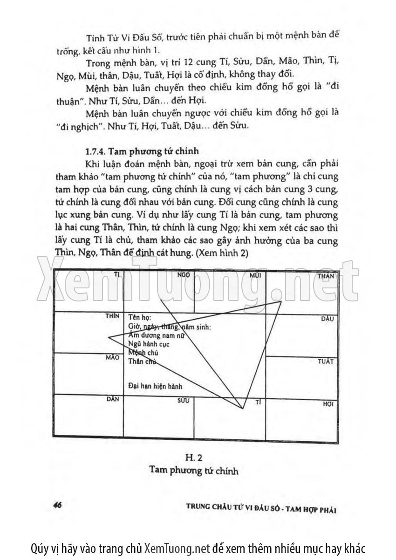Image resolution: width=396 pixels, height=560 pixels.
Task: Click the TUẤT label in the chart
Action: [325, 361]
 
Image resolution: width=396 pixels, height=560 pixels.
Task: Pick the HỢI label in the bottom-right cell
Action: [328, 403]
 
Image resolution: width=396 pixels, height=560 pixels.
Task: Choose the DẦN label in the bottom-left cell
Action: [113, 399]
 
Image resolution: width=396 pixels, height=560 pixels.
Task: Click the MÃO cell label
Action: [113, 358]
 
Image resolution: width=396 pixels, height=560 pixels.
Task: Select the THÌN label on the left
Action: [113, 316]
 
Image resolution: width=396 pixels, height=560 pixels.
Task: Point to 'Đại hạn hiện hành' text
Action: [155, 386]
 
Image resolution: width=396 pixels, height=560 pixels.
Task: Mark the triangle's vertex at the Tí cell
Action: [243, 409]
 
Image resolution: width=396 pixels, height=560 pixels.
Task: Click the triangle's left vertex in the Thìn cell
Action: [108, 336]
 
